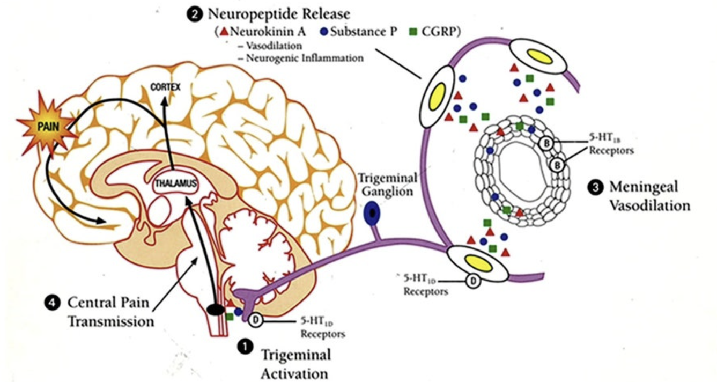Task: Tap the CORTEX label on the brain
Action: [166, 86]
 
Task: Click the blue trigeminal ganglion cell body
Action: [372, 215]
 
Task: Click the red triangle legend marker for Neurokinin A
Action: [224, 32]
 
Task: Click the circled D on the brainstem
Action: [256, 319]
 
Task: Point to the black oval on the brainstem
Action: [217, 309]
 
